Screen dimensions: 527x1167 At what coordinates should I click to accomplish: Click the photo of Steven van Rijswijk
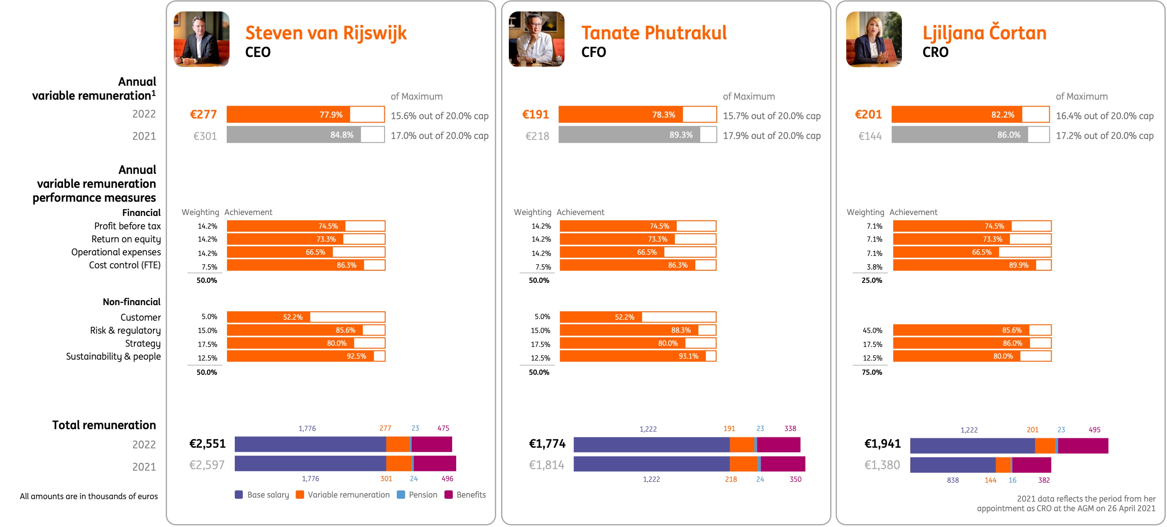point(202,39)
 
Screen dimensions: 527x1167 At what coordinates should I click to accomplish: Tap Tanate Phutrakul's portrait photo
point(536,39)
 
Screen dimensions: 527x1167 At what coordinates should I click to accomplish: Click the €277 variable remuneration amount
point(203,115)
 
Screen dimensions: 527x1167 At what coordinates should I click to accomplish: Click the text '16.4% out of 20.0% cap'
point(1104,116)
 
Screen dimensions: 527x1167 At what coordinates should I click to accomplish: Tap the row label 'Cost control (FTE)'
point(125,265)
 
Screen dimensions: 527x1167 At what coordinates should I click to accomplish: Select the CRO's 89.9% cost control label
point(1018,265)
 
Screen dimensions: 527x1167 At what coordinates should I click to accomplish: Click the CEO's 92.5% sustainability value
point(356,356)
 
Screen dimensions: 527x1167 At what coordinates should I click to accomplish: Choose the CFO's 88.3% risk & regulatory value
point(680,330)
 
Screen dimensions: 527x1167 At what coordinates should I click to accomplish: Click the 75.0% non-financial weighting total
point(872,372)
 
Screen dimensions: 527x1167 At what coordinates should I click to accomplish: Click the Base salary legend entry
point(262,495)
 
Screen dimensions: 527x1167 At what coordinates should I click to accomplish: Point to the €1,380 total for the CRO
point(881,465)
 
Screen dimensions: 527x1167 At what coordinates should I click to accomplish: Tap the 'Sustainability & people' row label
point(113,357)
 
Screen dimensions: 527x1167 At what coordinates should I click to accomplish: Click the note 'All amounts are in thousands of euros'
point(89,497)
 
